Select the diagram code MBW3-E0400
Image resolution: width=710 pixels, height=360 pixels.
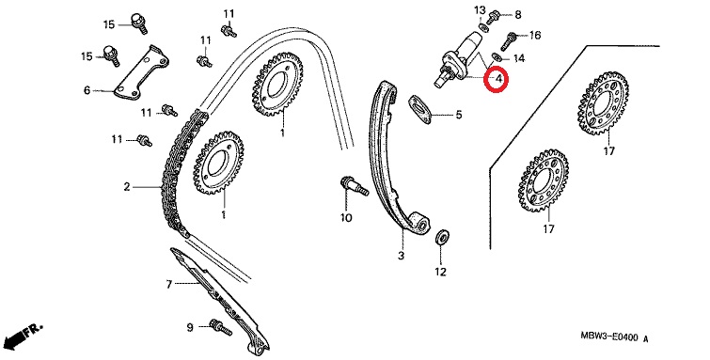point(609,337)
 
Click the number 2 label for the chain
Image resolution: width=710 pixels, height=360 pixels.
point(127,186)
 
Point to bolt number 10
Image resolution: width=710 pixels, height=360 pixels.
point(354,186)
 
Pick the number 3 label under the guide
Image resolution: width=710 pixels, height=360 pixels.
point(401,256)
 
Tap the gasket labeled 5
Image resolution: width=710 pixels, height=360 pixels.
point(419,109)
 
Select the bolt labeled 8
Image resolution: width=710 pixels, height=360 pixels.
point(493,17)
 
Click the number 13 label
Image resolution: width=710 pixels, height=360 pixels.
point(480,10)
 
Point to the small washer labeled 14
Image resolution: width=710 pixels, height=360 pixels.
point(497,57)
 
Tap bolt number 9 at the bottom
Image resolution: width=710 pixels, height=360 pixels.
point(220,327)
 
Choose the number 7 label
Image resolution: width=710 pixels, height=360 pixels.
point(169,284)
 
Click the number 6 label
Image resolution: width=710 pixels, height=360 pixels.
point(87,90)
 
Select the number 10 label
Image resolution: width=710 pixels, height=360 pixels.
point(346,218)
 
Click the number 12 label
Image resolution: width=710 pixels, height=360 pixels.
point(441,272)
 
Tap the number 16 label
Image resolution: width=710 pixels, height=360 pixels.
point(535,35)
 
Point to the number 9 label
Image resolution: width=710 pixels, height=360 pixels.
point(190,326)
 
